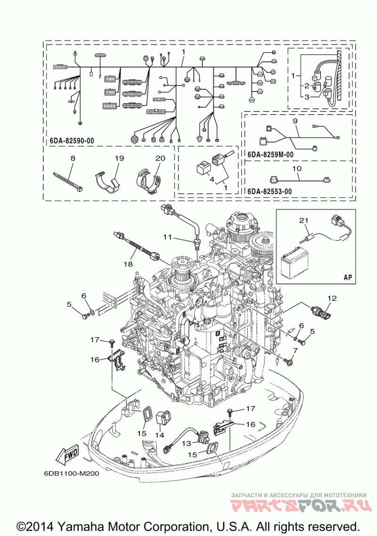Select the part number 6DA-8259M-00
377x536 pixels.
coord(270,154)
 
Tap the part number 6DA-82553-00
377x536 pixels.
coord(269,191)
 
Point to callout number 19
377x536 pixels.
coord(119,158)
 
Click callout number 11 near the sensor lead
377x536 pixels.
coord(167,236)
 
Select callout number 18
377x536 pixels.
coord(128,264)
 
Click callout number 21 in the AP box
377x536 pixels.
coord(304,220)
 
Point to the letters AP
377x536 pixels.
coord(348,277)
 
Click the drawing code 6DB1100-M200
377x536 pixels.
coord(71,474)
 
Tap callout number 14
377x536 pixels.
coord(159,435)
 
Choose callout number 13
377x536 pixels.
coord(187,443)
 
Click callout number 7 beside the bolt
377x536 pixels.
coord(295,350)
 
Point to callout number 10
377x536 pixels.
coord(297,169)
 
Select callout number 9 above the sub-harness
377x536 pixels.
coord(295,121)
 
